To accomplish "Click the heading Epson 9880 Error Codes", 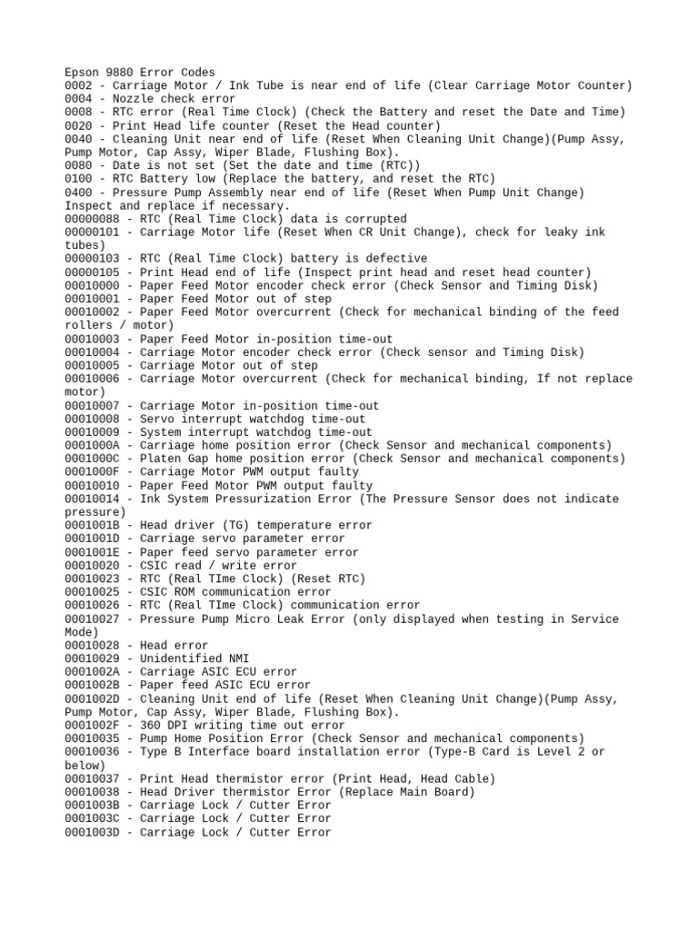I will (x=140, y=72).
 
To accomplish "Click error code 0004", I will (x=79, y=98).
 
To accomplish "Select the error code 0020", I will (x=79, y=125).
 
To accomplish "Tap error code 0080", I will (x=79, y=165).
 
